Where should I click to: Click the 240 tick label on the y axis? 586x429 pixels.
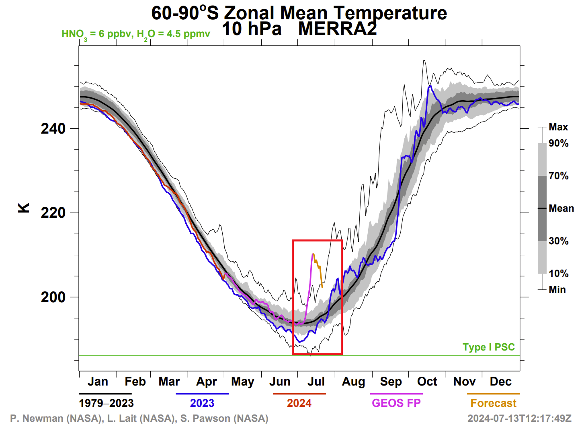[53, 129]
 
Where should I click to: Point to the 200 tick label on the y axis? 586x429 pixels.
[53, 297]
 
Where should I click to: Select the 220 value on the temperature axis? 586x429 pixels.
[53, 213]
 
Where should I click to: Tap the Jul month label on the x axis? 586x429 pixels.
[316, 382]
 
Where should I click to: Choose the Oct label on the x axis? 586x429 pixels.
[427, 382]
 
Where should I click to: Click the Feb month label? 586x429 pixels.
[135, 382]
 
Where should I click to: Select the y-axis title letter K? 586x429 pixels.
[24, 208]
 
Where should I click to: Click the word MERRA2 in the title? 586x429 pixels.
[338, 29]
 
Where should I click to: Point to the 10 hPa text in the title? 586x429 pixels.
[252, 29]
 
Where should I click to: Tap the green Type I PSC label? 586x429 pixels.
[488, 347]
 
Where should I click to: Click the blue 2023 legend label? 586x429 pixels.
[202, 403]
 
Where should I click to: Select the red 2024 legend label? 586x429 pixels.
[299, 403]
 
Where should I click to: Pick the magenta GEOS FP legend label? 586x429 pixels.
[396, 403]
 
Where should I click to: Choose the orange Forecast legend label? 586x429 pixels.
[493, 403]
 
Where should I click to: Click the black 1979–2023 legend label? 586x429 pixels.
[106, 403]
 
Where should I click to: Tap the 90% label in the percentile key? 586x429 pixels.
[559, 144]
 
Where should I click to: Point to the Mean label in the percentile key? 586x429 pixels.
[561, 208]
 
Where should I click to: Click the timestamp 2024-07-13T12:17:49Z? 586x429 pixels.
[519, 419]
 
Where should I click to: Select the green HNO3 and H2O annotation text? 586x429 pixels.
[136, 34]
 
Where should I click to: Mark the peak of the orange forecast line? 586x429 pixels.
[313, 254]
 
